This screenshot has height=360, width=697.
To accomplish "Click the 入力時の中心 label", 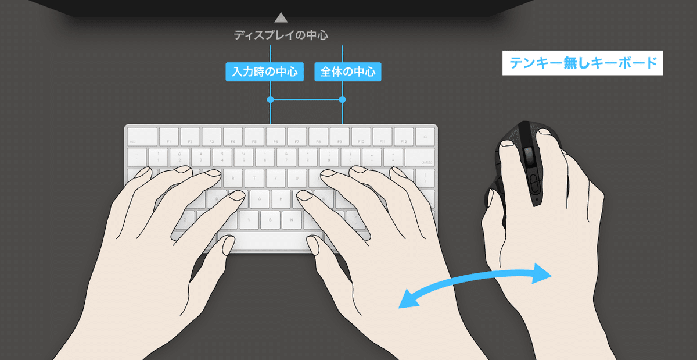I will (264, 72).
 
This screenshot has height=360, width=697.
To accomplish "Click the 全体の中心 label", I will (348, 72).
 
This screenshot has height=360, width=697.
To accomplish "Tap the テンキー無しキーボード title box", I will (583, 64).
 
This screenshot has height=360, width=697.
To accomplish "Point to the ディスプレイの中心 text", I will (281, 35).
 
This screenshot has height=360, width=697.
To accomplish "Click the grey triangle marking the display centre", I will (281, 17).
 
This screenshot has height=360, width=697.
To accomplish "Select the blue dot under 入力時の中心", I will (270, 100).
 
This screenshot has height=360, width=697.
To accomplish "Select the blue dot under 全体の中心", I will (342, 100).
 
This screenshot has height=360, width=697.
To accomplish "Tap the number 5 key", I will (243, 156).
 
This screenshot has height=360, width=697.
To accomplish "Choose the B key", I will (270, 219).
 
